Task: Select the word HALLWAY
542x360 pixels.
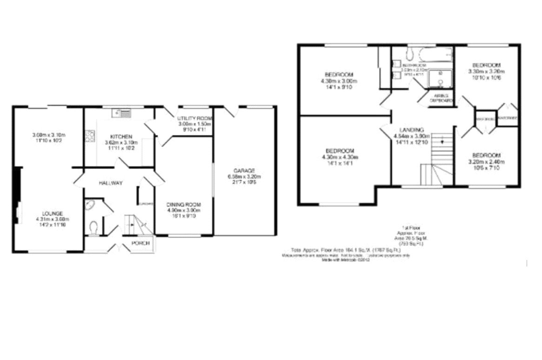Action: point(110,183)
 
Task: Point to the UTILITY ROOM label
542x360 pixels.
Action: point(194,118)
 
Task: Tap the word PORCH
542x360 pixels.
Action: point(140,243)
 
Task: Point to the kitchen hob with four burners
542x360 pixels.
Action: point(90,136)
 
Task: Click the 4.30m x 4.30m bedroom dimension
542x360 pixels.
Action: point(339,158)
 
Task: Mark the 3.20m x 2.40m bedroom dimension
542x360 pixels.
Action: point(486,162)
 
